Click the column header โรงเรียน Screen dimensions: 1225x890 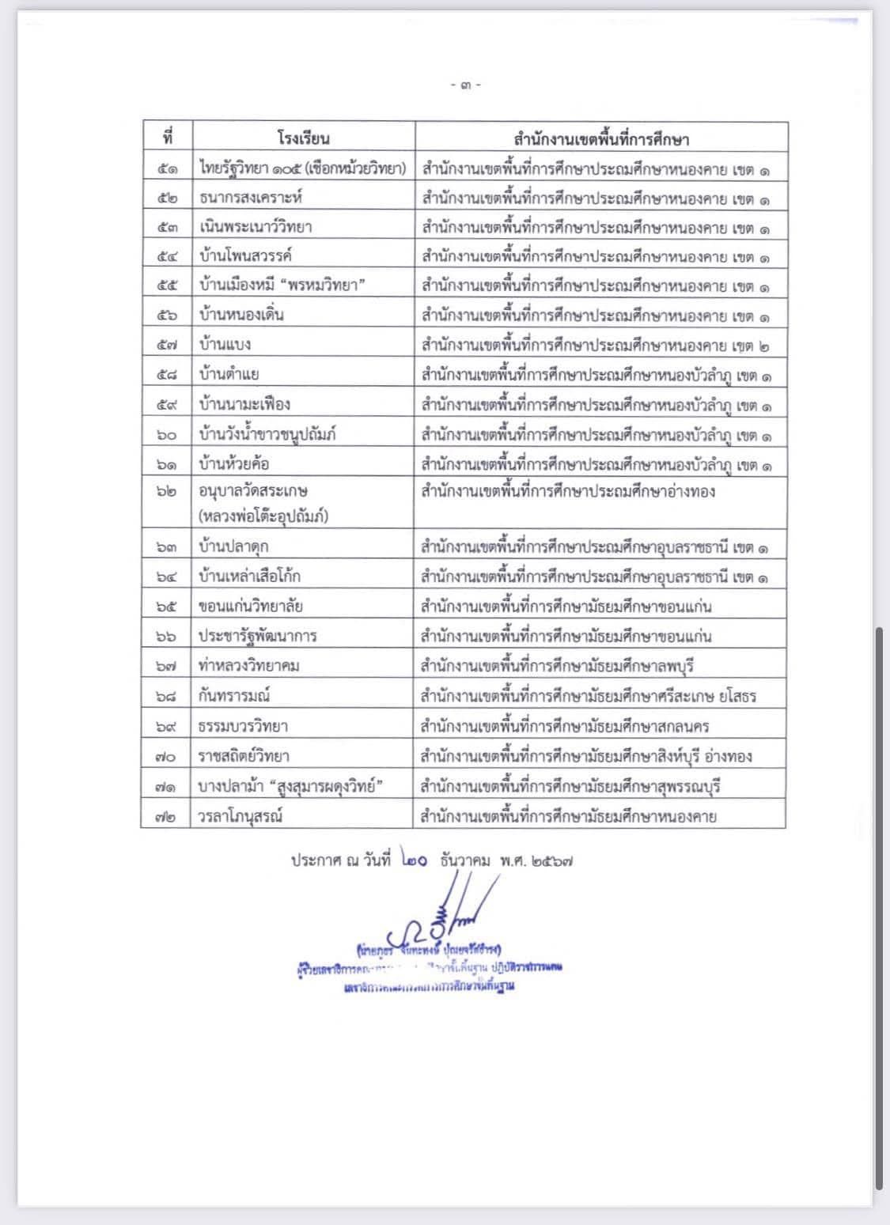303,138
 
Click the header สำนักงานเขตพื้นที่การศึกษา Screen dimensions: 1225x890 600,139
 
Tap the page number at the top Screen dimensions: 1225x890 465,85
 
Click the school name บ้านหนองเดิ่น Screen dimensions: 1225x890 242,315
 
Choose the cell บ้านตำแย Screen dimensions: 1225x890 229,374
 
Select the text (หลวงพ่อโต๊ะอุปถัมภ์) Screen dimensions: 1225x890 264,516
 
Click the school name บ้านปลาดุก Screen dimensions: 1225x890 239,546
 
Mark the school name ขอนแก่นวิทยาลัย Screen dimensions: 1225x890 251,607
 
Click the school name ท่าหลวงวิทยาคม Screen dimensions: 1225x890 249,666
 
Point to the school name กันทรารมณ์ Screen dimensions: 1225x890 235,696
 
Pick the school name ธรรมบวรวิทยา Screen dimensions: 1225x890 244,726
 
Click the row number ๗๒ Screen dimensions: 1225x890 166,816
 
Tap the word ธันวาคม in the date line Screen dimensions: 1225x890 466,860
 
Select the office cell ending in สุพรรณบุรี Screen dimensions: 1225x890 570,786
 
